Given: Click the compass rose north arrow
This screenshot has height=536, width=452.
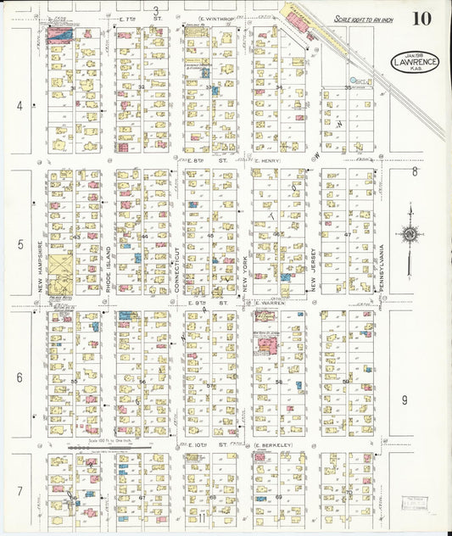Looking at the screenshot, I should [410, 233].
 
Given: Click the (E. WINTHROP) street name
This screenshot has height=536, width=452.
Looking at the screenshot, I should [215, 18].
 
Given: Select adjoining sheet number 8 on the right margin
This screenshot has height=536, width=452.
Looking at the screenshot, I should [415, 171].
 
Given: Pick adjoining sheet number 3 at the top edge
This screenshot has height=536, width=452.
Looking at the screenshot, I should [156, 10].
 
